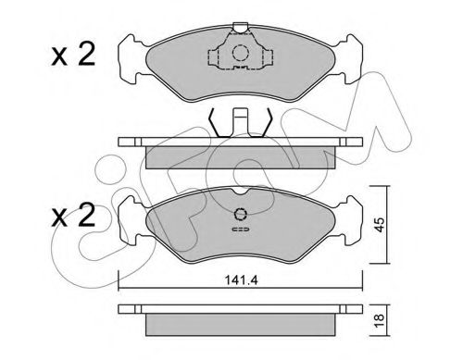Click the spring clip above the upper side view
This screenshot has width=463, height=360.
[x=241, y=123]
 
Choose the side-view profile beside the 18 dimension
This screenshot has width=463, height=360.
[x=241, y=319]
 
